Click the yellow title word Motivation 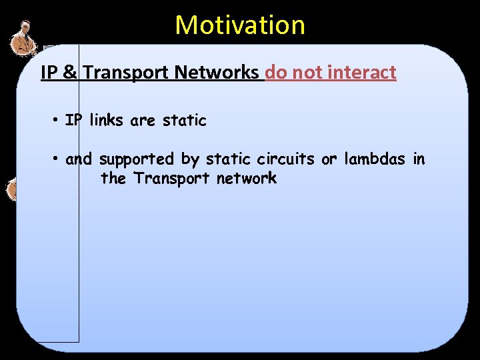[240, 25]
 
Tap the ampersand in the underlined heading [69, 73]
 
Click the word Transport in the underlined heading [126, 73]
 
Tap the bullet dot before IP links [58, 121]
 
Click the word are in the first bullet [143, 121]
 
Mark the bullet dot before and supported [58, 159]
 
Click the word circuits [285, 159]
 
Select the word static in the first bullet [185, 121]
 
